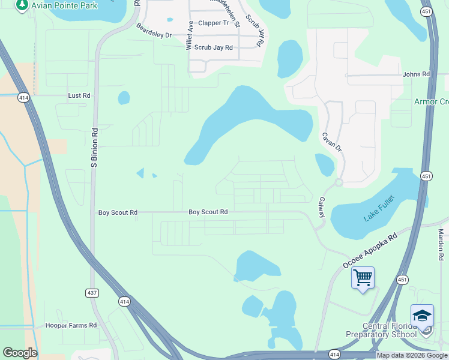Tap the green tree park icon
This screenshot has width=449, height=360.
(22, 5)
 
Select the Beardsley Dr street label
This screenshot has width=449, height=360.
(154, 31)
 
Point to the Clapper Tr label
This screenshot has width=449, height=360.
(214, 23)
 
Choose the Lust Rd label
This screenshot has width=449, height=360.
(79, 95)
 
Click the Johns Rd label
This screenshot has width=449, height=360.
(417, 74)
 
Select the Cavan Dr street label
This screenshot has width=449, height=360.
(331, 142)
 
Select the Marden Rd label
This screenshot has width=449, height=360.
(441, 244)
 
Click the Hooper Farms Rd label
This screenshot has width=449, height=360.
(71, 325)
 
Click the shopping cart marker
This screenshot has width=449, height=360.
(363, 278)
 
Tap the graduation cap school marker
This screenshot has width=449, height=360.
(422, 315)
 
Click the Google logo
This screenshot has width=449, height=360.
(20, 353)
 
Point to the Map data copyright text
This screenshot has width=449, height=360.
(412, 355)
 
